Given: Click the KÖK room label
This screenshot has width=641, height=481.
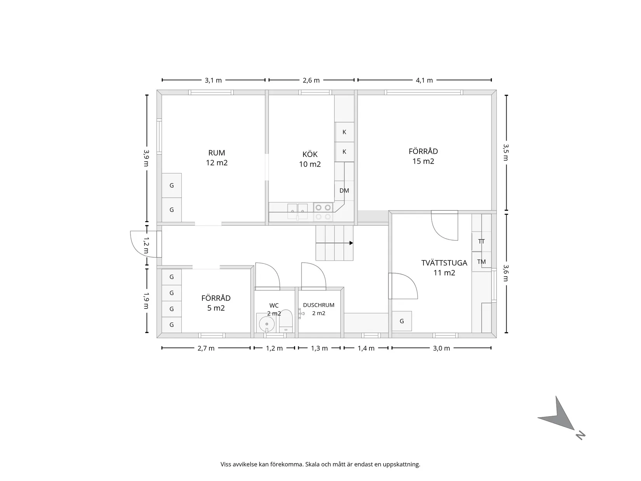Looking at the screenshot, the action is (310, 154).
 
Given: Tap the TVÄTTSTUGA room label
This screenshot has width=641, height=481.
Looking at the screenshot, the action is (444, 263).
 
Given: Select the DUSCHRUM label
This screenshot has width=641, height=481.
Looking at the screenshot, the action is (319, 305).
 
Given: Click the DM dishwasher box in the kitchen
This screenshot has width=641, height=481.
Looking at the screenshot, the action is (344, 191).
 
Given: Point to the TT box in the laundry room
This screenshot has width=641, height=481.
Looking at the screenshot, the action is (481, 242).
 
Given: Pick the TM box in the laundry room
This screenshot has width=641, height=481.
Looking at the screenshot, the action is (481, 261).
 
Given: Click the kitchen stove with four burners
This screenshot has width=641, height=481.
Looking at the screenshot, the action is (323, 212).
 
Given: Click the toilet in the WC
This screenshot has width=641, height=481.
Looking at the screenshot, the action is (286, 321).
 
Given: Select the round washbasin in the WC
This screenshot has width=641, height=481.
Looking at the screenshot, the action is (267, 324).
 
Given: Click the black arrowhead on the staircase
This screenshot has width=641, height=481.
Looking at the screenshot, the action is (351, 243).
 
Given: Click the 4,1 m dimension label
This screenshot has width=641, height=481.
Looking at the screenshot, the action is (424, 80).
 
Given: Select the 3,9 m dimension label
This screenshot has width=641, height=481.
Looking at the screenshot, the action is (146, 158).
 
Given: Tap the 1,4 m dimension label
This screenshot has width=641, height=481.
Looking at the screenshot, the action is (366, 349).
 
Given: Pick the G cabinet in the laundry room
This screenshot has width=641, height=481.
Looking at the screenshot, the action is (402, 321).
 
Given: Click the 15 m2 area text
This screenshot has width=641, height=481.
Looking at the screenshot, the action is (423, 161).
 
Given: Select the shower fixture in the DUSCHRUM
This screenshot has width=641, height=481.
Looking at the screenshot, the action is (301, 314).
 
